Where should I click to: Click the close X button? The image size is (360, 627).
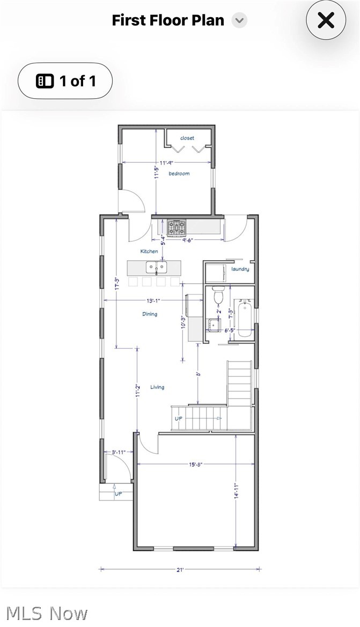[326, 20]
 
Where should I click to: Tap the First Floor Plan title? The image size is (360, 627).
[167, 20]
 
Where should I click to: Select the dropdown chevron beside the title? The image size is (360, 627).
[239, 21]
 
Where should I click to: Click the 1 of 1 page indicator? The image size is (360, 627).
[65, 81]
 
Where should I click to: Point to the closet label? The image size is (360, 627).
[187, 138]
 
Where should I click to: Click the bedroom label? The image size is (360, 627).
[179, 174]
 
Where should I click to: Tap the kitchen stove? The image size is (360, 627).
[176, 228]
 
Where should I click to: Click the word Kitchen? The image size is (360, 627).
[149, 251]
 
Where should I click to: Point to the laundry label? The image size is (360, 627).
[240, 269]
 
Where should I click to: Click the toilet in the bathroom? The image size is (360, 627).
[218, 295]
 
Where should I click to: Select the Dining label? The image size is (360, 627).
[150, 314]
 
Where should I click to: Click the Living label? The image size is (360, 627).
[157, 387]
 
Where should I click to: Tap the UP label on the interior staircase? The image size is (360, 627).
[179, 418]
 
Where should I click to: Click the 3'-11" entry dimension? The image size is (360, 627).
[118, 452]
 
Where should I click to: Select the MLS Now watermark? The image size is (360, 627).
[47, 613]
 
